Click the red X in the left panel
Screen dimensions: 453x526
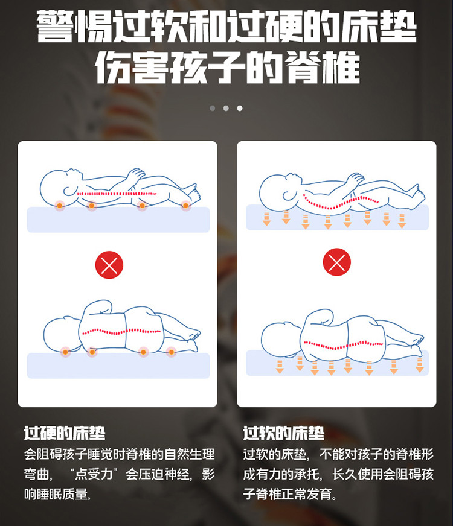pos(109,265)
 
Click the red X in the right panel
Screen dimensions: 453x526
pos(336,262)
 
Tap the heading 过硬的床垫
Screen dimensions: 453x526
pos(65,433)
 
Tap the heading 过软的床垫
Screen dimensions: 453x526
pos(283,433)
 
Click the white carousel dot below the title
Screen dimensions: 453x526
pos(239,108)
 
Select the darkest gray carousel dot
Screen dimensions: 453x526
pos(212,108)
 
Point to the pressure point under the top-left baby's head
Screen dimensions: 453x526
pos(59,205)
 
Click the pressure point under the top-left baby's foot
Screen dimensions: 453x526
pos(185,205)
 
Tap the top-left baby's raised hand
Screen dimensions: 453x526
pos(136,174)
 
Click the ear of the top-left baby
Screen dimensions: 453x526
pos(69,191)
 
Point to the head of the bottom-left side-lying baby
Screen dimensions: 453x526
pos(62,334)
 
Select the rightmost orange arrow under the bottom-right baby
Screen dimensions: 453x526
pos(419,366)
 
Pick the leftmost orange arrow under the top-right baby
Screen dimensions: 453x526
pos(266,219)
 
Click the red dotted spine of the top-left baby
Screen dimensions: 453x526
pos(117,194)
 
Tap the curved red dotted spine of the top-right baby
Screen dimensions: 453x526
pos(341,201)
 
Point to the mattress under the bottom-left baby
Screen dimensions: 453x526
pos(118,366)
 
